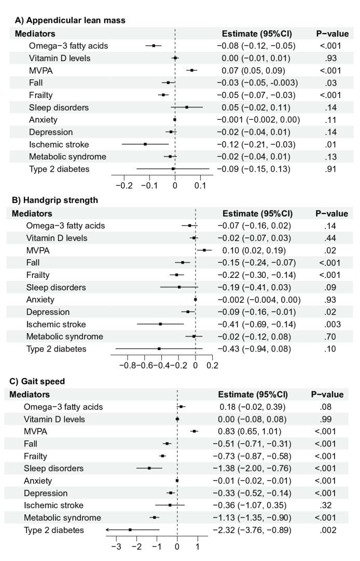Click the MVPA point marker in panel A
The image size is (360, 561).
click(192, 70)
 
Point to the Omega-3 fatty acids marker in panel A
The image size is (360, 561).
click(154, 46)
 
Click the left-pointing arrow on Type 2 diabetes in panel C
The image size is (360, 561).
click(107, 529)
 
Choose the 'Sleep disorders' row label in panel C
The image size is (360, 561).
click(54, 468)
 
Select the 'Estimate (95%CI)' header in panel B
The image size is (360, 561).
click(257, 213)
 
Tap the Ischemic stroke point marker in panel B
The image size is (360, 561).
click(160, 324)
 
